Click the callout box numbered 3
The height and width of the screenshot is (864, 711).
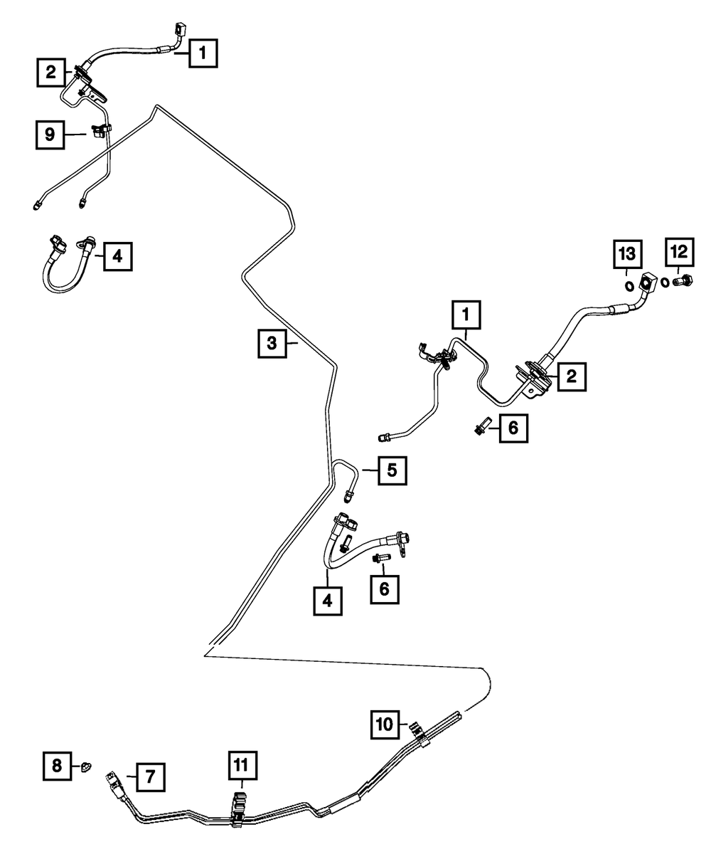[x=272, y=344]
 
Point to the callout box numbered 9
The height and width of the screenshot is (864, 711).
[x=50, y=135]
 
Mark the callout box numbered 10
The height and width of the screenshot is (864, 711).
[x=384, y=725]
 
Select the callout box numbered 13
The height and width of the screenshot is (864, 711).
[x=626, y=253]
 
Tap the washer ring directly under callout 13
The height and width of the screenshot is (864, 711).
[x=628, y=286]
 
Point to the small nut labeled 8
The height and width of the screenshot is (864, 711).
[x=85, y=766]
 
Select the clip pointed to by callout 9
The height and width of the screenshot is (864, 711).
[x=99, y=131]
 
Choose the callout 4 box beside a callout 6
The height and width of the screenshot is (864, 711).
[x=327, y=600]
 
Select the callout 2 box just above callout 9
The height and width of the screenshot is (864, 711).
[x=51, y=71]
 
